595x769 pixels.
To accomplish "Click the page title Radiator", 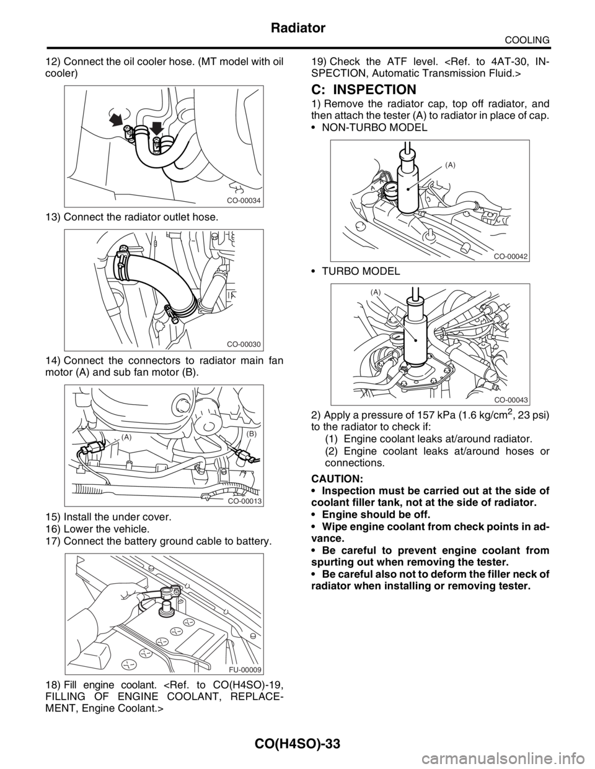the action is [x=297, y=28].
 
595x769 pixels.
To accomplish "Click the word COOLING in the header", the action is [x=527, y=40].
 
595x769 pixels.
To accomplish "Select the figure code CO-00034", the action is [x=244, y=201].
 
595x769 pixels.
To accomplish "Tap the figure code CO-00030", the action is [x=244, y=344].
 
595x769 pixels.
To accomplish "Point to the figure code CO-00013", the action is [x=245, y=500].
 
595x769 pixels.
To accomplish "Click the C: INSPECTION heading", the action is [x=364, y=90].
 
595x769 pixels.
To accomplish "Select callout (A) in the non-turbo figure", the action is [x=449, y=165].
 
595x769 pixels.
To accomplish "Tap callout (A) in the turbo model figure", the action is [x=376, y=292].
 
